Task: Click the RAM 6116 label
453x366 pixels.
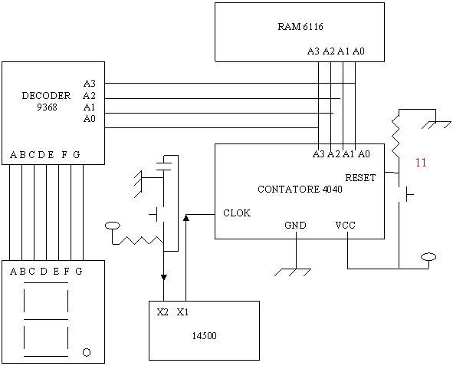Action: click(300, 27)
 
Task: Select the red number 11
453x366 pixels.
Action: click(421, 163)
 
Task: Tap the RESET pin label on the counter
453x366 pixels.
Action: click(360, 177)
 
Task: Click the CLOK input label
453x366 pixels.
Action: click(237, 213)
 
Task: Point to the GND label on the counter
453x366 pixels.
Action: click(295, 226)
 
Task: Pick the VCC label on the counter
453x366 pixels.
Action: click(345, 225)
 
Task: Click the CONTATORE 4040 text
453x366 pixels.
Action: click(300, 190)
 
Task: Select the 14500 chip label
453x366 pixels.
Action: click(204, 335)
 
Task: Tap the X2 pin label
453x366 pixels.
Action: click(162, 312)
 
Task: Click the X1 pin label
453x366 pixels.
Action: click(182, 312)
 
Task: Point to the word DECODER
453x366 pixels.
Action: click(46, 96)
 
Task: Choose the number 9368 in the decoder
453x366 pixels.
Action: click(47, 107)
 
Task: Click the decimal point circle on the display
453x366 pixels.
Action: click(87, 352)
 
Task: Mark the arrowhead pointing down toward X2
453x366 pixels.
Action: click(164, 278)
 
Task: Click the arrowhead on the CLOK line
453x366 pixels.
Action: click(186, 217)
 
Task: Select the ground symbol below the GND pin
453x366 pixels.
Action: click(293, 272)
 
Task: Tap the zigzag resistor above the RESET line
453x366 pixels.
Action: click(396, 137)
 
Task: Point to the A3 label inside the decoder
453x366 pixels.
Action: click(89, 84)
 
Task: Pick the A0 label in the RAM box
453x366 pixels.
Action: click(359, 51)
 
